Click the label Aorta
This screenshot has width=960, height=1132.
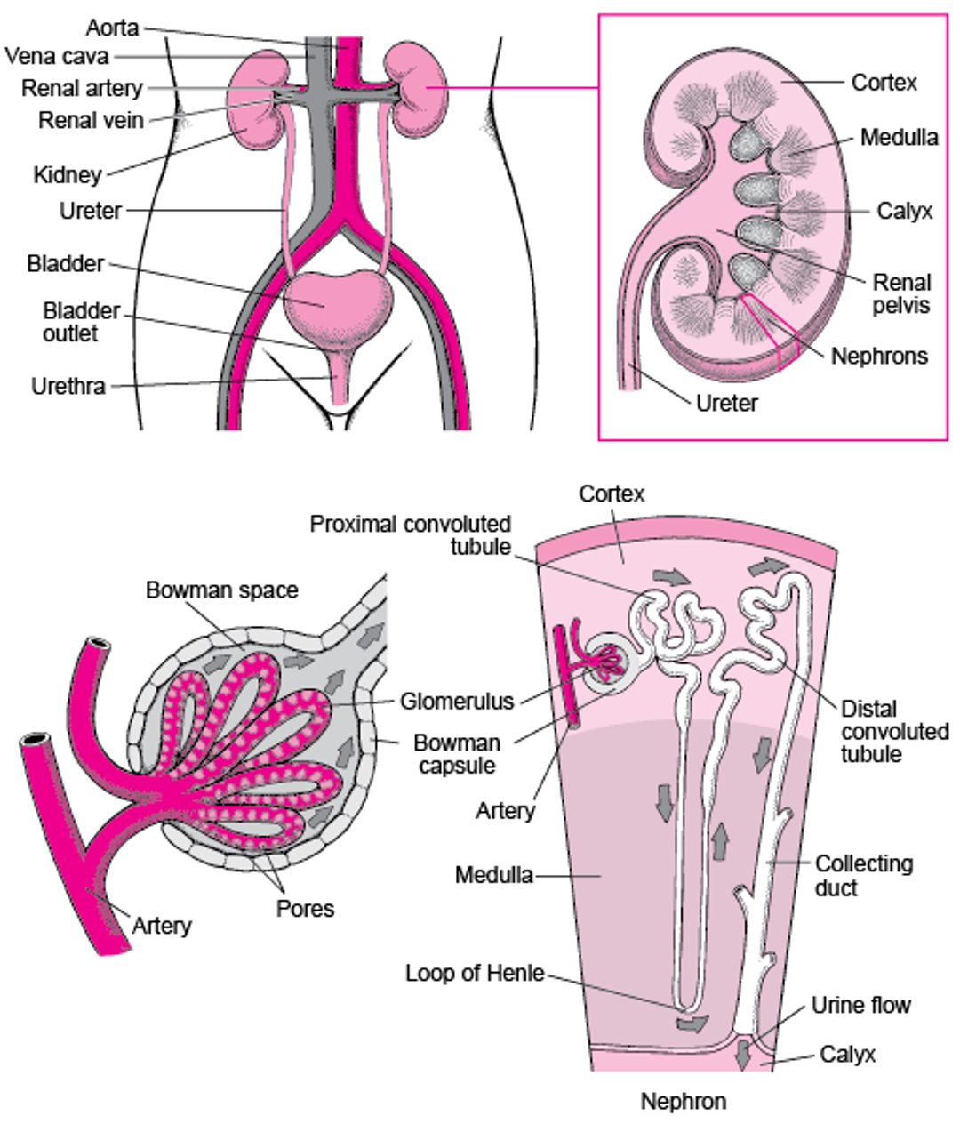[x=113, y=28]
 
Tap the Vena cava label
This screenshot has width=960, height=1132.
[x=57, y=57]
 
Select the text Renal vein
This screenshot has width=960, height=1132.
[x=91, y=119]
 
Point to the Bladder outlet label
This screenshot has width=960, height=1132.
[x=81, y=322]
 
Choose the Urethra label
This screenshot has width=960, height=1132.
[x=68, y=387]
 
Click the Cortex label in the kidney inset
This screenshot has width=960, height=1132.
[x=884, y=83]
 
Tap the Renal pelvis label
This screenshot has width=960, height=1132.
[x=901, y=294]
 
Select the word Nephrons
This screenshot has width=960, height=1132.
[x=878, y=357]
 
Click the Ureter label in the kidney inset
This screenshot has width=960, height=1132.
[x=727, y=403]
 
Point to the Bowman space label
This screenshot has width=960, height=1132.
[x=221, y=590]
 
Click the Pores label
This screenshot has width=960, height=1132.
[x=305, y=909]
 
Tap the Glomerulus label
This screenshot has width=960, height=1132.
[x=457, y=702]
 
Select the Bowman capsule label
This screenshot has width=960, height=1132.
[x=457, y=753]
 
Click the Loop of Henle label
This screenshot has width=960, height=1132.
[x=475, y=974]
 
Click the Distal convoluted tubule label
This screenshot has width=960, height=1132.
[x=894, y=731]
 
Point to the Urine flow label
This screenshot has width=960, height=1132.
[x=860, y=1006]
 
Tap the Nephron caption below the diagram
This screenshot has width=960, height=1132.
[x=684, y=1102]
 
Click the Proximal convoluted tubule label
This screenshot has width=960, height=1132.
[x=411, y=534]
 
